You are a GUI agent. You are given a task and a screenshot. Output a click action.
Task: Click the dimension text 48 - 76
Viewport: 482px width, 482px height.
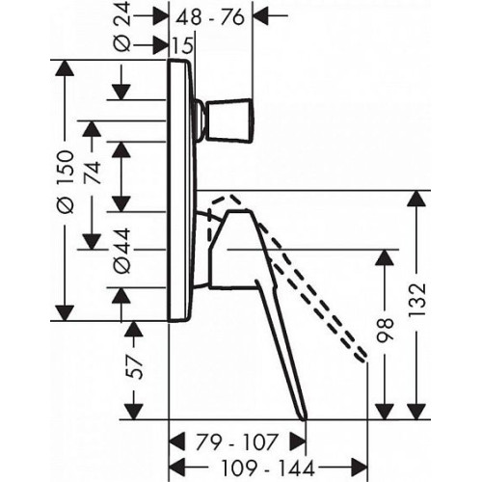click(x=210, y=17)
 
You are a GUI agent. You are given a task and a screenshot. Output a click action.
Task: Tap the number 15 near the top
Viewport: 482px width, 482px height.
click(x=183, y=45)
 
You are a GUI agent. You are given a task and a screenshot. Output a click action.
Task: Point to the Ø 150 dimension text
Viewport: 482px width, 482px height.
click(x=65, y=182)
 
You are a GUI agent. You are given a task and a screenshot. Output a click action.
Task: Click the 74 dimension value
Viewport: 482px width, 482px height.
click(x=93, y=173)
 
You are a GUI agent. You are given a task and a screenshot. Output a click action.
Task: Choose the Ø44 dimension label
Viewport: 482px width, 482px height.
click(x=122, y=251)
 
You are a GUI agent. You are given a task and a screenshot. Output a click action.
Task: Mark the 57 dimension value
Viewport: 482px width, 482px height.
click(x=133, y=367)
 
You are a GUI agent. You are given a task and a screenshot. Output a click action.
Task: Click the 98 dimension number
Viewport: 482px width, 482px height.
click(x=385, y=331)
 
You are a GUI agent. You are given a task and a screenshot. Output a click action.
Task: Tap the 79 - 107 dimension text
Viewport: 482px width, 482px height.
click(x=236, y=442)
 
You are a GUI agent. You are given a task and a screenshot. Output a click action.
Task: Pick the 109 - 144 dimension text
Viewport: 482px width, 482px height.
click(x=268, y=469)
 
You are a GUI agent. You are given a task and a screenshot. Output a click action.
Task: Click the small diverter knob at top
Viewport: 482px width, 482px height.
click(x=229, y=120)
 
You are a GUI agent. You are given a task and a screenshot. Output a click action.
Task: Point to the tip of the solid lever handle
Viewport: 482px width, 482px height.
click(x=305, y=418)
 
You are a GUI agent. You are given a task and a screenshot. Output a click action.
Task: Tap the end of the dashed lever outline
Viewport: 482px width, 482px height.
click(x=362, y=357)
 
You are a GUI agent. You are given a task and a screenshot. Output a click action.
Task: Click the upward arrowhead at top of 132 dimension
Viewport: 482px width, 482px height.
click(x=416, y=199)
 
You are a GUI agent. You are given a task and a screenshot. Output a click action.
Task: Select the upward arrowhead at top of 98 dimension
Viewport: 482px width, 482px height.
click(x=385, y=257)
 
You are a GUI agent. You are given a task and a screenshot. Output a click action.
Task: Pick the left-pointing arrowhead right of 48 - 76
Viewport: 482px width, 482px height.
click(x=262, y=15)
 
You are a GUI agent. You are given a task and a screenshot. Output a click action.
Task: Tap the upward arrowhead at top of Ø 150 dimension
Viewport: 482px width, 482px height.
click(x=65, y=67)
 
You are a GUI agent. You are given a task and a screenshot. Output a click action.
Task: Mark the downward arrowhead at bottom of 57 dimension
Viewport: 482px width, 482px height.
click(x=133, y=412)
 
